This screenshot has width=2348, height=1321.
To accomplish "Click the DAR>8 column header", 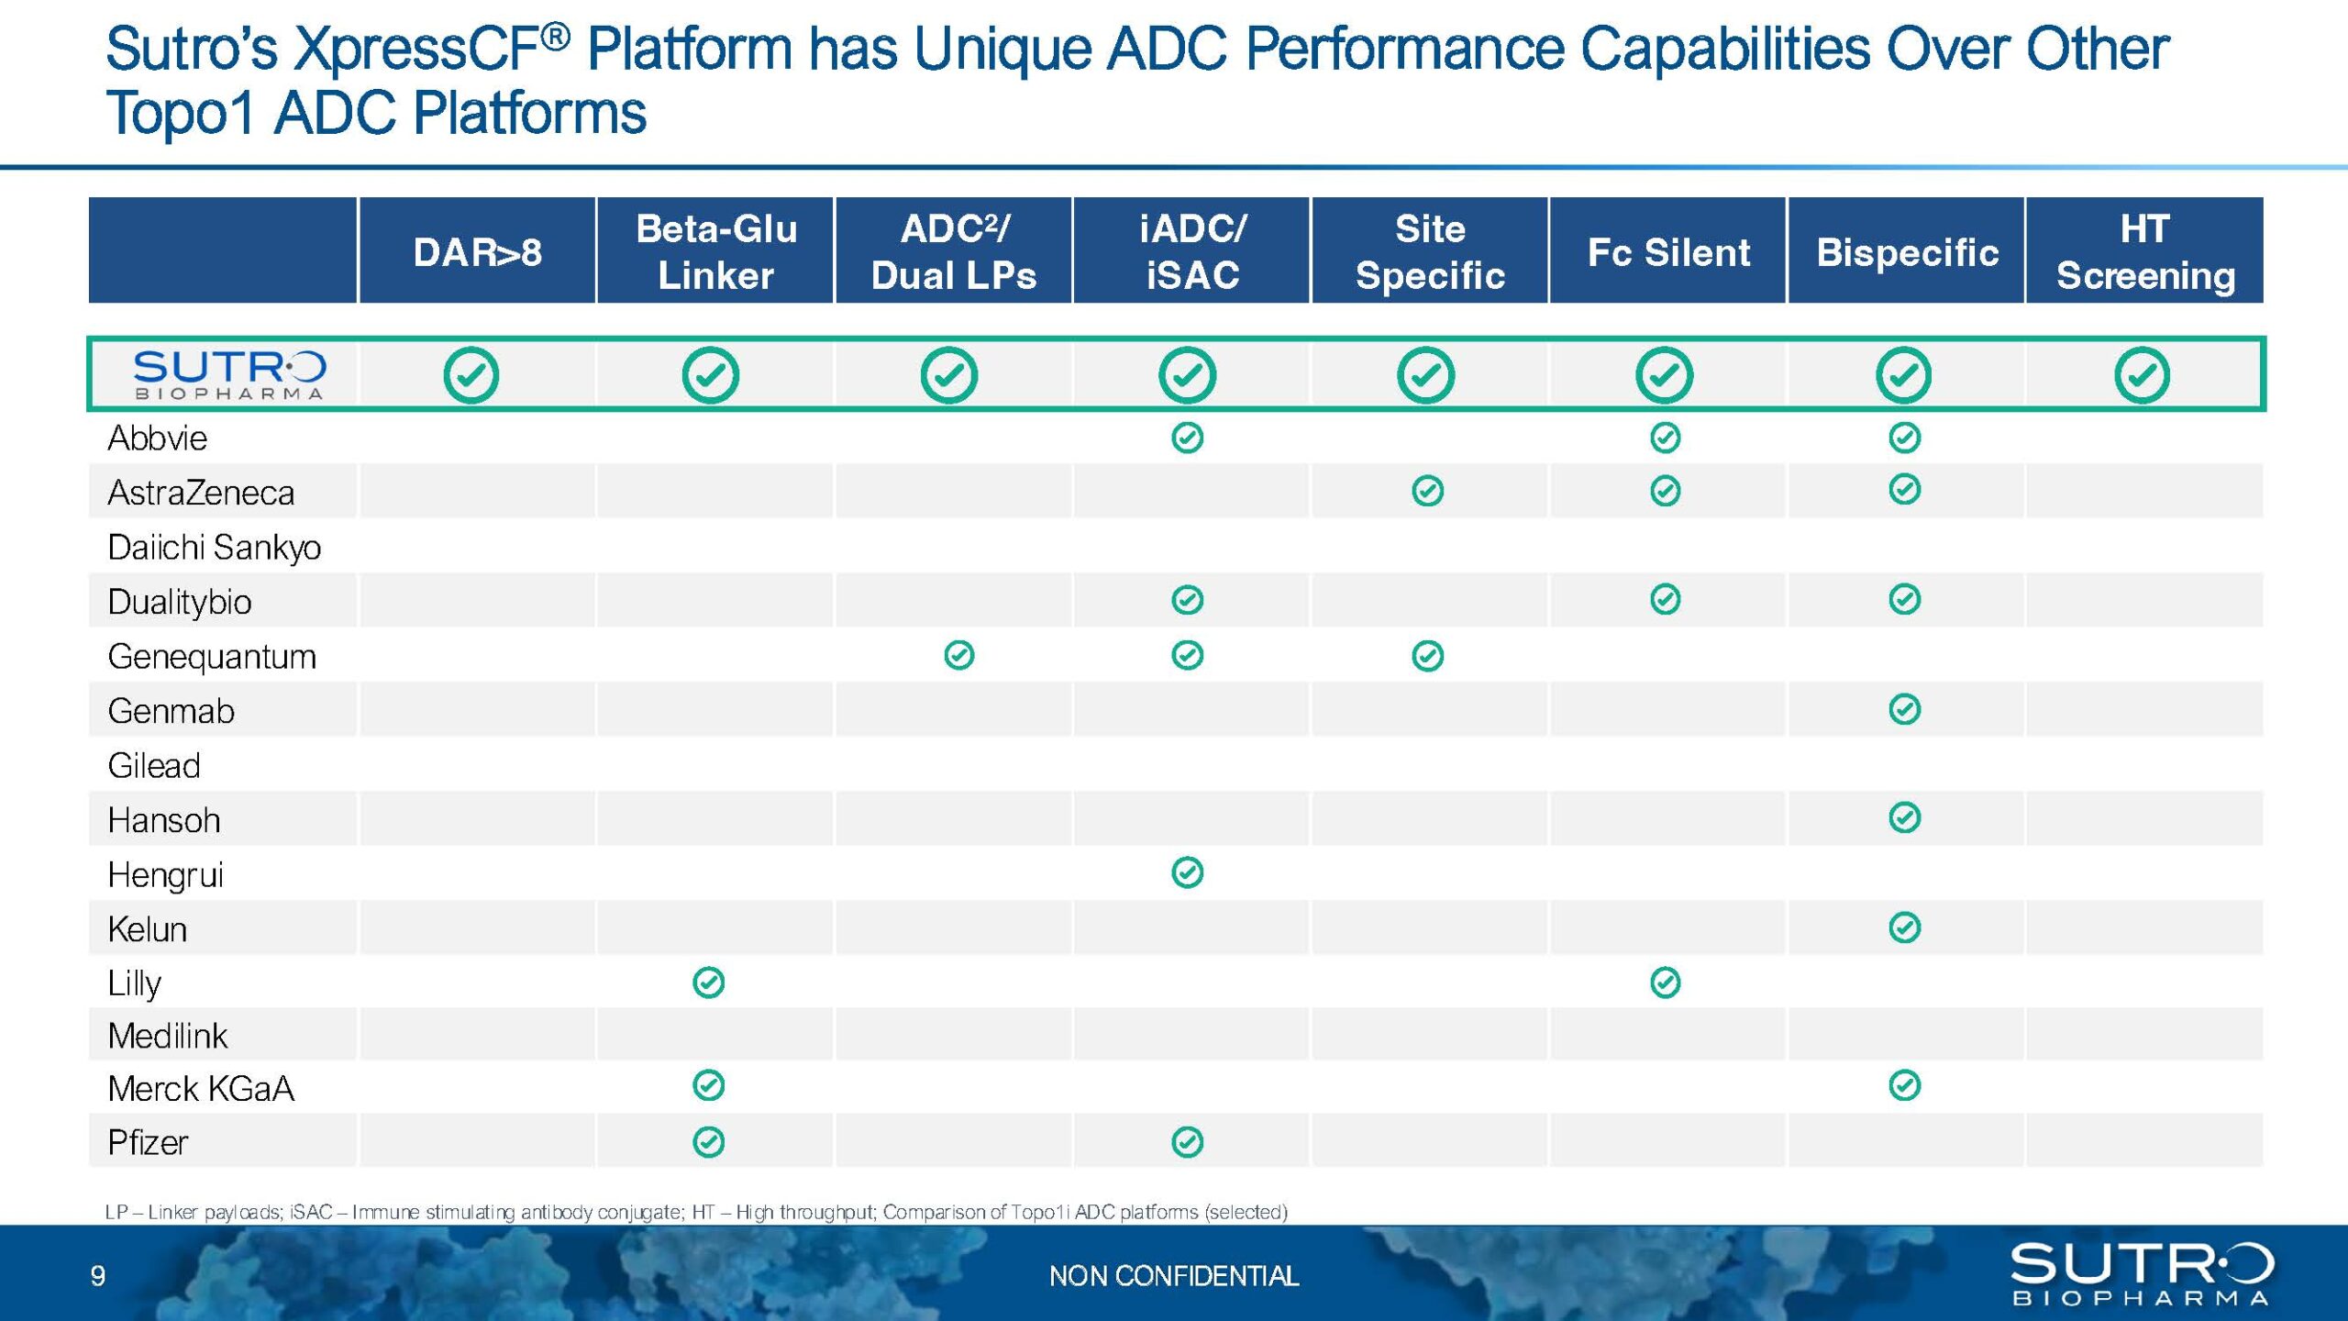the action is click(477, 252).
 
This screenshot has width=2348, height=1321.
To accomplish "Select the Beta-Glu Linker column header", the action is click(716, 251).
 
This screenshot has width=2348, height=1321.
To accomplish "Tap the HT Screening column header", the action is click(2145, 251).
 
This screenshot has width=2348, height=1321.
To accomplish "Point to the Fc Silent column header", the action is click(1668, 252).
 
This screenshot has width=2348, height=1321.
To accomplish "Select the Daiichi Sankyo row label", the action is click(215, 548).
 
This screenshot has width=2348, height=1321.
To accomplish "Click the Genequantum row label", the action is click(212, 657).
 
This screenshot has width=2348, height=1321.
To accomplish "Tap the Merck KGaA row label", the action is click(201, 1089).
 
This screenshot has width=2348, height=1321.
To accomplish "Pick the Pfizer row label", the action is click(148, 1143).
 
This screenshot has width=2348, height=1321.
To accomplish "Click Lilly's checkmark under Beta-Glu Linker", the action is click(709, 982).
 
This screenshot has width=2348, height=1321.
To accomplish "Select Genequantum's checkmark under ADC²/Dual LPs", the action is click(959, 655).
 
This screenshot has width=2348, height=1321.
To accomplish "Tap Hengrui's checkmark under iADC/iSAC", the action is click(1188, 872).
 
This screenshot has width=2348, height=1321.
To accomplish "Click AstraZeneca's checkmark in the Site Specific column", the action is click(1428, 491).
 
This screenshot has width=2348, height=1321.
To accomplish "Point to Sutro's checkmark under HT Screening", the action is click(2143, 375).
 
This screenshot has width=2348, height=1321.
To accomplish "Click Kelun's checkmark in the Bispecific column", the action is click(1905, 927).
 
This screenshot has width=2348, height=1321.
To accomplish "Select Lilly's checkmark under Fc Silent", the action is click(1666, 982).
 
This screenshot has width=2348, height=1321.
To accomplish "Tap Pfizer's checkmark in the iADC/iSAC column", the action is click(1188, 1142).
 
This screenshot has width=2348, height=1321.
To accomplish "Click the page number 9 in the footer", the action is click(98, 1276).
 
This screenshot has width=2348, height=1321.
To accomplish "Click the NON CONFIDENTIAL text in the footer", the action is click(1174, 1276).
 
